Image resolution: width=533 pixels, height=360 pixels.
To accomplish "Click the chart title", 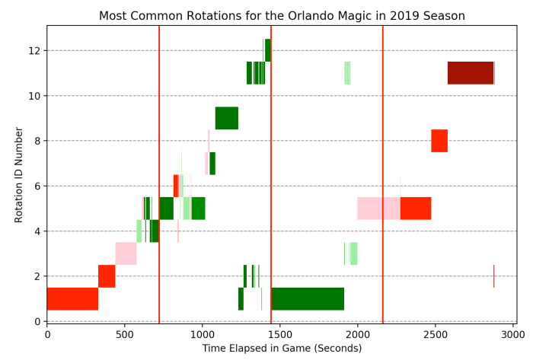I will point(282,16).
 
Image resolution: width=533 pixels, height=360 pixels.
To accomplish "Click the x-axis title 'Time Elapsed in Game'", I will point(282,349).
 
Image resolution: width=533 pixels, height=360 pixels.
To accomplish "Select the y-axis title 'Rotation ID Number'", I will point(18,174).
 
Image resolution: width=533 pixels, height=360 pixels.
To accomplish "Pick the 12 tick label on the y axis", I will point(35,50).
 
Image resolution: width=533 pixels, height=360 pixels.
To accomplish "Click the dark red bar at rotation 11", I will point(470,73).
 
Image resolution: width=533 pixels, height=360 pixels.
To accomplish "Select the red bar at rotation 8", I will point(439,141).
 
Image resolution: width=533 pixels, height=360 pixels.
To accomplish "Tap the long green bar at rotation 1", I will point(308,298).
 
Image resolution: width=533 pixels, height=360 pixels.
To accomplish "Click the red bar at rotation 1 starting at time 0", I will point(72,298).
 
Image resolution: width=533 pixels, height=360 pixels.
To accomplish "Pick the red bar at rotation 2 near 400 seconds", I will point(107,276).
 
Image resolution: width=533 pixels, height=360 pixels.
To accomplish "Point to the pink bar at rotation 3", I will point(126,253).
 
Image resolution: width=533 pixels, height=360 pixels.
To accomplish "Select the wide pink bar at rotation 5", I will point(378,208).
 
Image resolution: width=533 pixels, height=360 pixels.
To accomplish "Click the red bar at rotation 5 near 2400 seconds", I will point(416,208).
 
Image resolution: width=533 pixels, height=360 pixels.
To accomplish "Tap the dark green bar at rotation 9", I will point(227,118).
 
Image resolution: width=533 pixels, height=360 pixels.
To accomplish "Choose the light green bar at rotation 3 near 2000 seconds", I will point(354,253).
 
